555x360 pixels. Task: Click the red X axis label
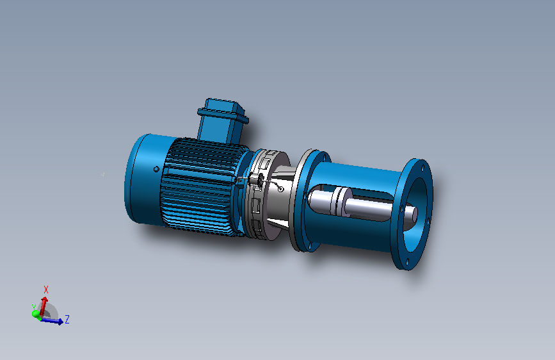coord(45,290)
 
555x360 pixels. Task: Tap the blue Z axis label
coord(67,319)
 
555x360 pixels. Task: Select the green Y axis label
coord(34,307)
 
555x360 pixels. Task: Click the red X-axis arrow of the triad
coord(44,306)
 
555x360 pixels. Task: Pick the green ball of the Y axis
coord(36,314)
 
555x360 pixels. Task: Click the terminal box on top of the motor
coord(222,120)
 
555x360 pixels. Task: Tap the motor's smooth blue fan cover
coord(145,179)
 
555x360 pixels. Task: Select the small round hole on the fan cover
coord(156,169)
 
